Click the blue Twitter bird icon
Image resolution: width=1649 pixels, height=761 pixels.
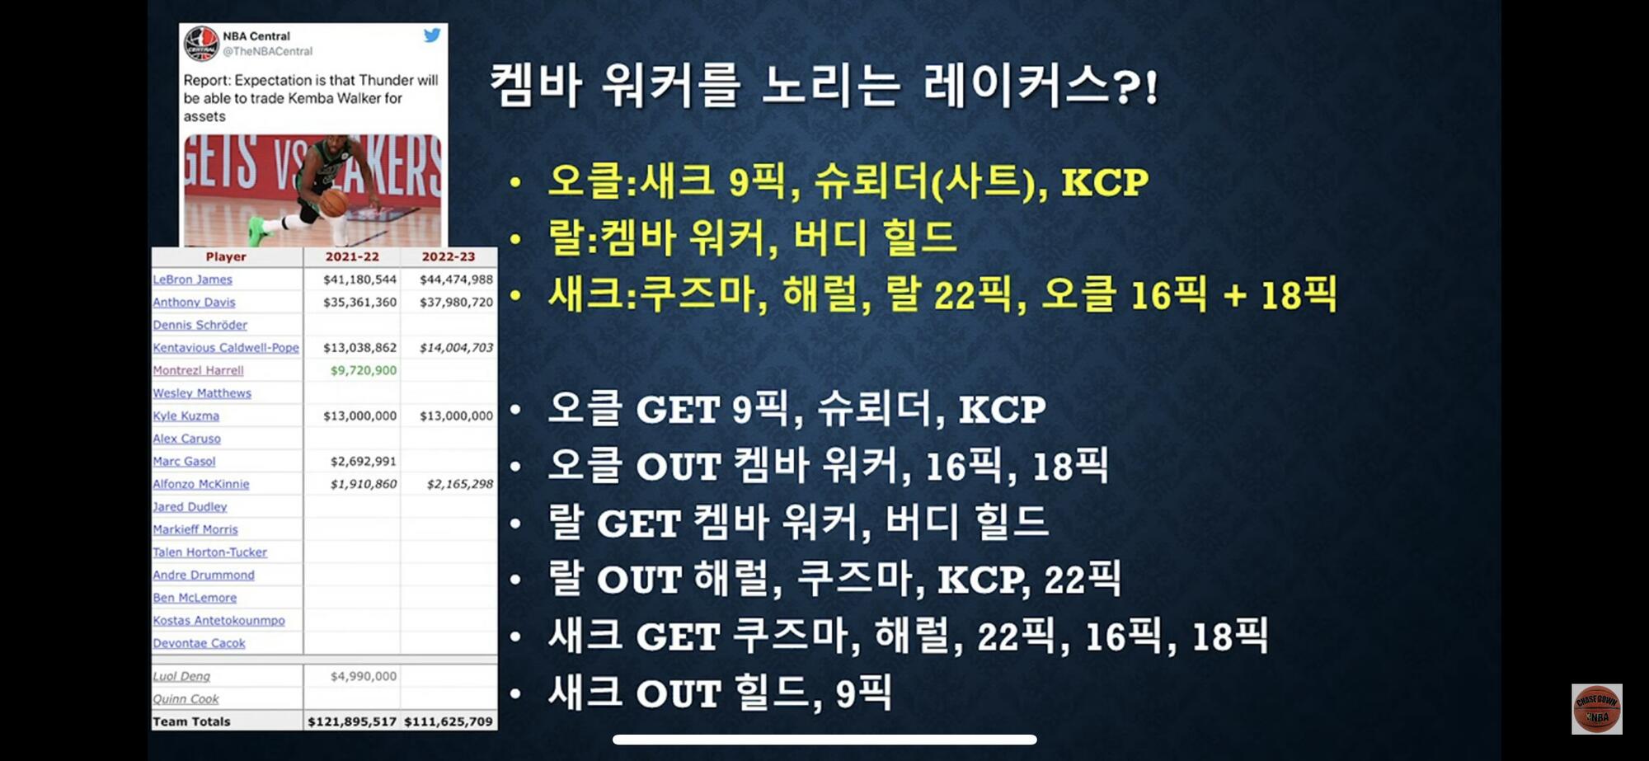pyautogui.click(x=432, y=35)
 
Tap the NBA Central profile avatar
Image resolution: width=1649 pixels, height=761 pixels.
pyautogui.click(x=201, y=43)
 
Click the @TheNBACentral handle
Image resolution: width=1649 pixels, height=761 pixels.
pyautogui.click(x=268, y=51)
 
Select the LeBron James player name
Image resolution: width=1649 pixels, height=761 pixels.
pyautogui.click(x=193, y=280)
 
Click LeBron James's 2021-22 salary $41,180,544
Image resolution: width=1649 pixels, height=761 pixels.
pyautogui.click(x=359, y=280)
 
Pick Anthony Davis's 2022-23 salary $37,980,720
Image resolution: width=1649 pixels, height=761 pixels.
pyautogui.click(x=456, y=302)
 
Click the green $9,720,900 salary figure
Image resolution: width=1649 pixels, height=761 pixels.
pyautogui.click(x=363, y=370)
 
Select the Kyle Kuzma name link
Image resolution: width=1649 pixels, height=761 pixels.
pyautogui.click(x=186, y=416)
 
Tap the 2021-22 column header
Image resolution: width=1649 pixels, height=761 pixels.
pyautogui.click(x=352, y=256)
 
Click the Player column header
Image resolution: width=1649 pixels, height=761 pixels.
pyautogui.click(x=226, y=256)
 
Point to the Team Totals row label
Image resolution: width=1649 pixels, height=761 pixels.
pyautogui.click(x=191, y=721)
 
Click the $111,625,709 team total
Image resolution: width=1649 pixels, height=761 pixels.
pyautogui.click(x=449, y=721)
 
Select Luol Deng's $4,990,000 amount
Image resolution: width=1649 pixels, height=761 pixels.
pyautogui.click(x=364, y=676)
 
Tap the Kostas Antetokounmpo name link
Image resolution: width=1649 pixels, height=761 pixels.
pyautogui.click(x=218, y=620)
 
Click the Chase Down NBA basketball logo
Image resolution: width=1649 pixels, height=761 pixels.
pyautogui.click(x=1596, y=709)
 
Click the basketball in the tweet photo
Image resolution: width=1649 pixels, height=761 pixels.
pyautogui.click(x=334, y=203)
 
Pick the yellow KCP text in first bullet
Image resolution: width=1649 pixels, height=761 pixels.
pyautogui.click(x=1104, y=182)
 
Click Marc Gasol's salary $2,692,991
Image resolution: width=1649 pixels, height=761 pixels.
pyautogui.click(x=363, y=461)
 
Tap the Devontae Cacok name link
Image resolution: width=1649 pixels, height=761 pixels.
pyautogui.click(x=199, y=643)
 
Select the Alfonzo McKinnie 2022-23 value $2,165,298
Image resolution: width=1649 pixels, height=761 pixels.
pyautogui.click(x=459, y=484)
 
